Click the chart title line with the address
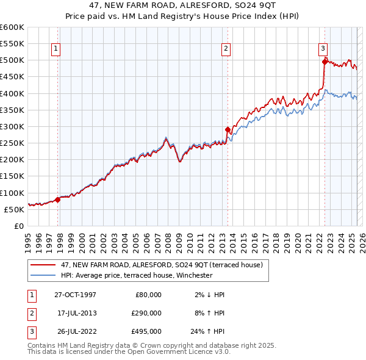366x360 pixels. click(x=183, y=6)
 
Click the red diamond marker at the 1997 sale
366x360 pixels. click(x=58, y=199)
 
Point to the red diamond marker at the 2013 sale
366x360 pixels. click(x=228, y=129)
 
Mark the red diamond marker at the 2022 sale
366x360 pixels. click(x=324, y=61)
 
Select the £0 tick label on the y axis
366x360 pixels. click(x=18, y=226)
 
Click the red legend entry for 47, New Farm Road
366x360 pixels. click(x=162, y=265)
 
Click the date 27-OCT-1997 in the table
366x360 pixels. click(x=75, y=295)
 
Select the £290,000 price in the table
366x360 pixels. click(x=146, y=313)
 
